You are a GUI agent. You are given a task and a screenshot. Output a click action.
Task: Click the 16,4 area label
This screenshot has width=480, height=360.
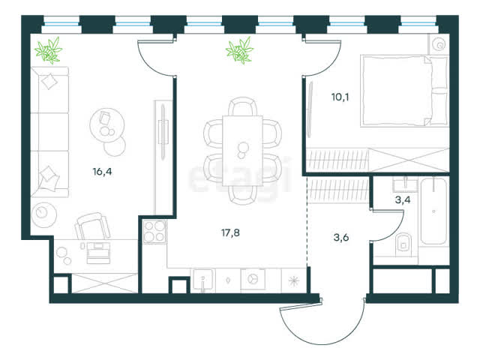tap(102, 172)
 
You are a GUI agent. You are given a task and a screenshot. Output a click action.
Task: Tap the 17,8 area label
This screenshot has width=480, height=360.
tap(230, 233)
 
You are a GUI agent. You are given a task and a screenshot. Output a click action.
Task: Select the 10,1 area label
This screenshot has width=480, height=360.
tap(340, 97)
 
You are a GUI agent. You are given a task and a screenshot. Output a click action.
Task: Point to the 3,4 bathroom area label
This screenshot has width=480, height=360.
tap(403, 200)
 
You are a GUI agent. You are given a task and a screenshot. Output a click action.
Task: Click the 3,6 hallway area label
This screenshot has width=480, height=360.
tap(341, 238)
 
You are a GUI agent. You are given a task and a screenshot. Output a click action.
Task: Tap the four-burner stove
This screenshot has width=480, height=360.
tap(155, 232)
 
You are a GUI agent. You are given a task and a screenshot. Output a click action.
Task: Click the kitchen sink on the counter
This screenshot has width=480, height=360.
tap(203, 280)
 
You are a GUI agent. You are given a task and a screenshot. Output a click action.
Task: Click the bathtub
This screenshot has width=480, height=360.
tap(433, 211)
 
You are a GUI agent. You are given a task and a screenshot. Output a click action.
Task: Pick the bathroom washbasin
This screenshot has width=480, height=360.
tap(405, 184)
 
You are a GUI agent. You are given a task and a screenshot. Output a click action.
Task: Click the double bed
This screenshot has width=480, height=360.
tap(404, 91)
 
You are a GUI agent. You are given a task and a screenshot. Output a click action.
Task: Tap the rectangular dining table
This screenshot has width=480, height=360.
tap(242, 151)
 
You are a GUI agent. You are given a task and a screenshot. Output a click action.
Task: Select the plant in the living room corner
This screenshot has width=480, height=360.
tap(48, 50)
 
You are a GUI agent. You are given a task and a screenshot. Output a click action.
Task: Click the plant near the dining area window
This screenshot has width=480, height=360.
tap(240, 50)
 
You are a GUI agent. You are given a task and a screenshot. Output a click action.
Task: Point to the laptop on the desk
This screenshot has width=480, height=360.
tap(98, 253)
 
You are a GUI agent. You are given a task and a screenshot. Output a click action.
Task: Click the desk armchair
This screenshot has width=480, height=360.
tap(92, 226)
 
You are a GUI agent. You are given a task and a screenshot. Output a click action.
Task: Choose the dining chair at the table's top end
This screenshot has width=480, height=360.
tap(243, 106)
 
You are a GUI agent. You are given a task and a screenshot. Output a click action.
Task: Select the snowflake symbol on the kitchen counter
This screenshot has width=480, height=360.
tap(293, 280)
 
